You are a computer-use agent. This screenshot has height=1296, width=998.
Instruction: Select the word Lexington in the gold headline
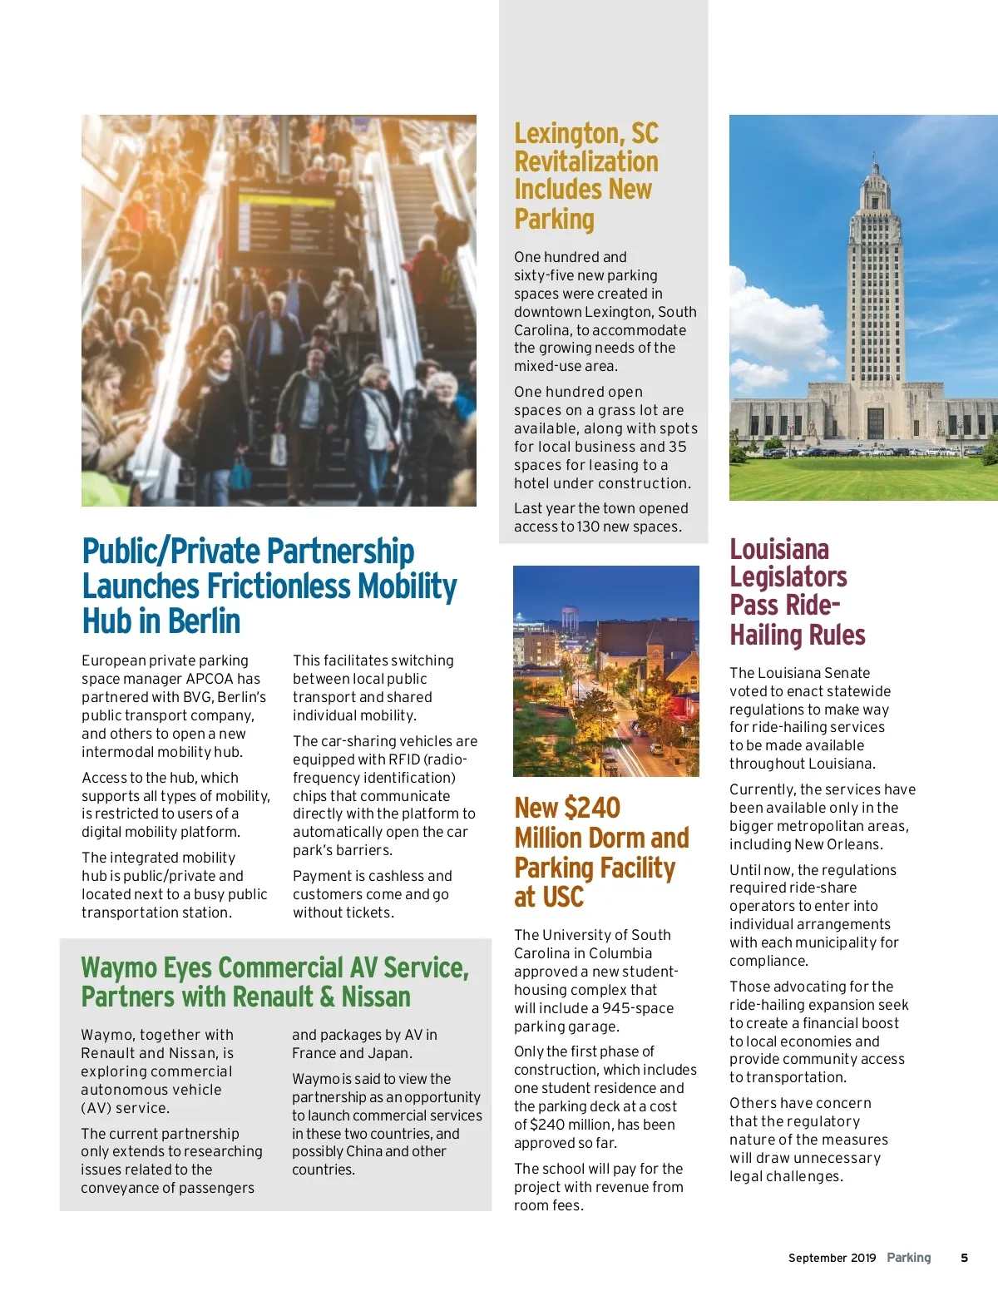568,133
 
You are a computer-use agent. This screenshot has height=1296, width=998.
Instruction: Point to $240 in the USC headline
591,808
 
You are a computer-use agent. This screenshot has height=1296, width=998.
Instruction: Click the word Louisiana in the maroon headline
779,550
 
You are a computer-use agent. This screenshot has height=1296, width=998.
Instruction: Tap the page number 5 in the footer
965,1258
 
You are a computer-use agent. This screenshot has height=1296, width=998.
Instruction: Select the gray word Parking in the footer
909,1258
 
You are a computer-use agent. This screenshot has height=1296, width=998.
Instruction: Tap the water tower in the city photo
570,616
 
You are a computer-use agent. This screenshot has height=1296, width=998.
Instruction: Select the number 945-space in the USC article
638,1008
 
